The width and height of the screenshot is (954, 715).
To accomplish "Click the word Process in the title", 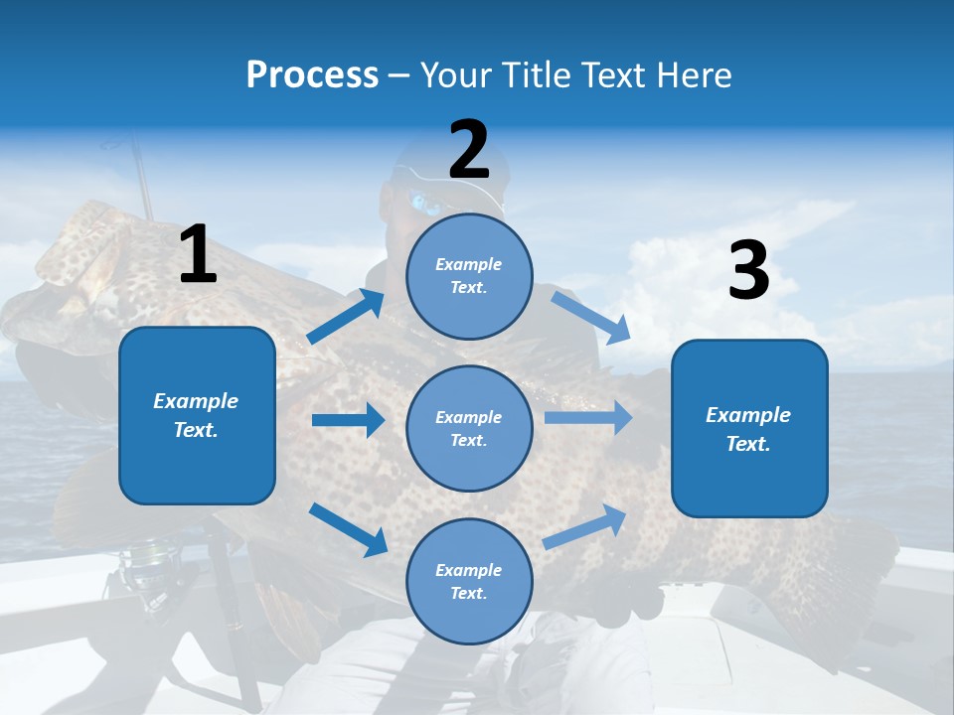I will (312, 74).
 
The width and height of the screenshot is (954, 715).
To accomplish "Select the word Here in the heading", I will (692, 74).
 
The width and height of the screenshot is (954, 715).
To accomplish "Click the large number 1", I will (198, 254).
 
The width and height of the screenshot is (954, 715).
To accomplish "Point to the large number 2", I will (469, 149).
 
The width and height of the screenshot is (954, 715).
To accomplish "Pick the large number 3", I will (748, 271).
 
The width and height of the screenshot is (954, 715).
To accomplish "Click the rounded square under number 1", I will (197, 415).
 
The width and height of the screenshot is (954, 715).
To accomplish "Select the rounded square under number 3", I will (749, 428).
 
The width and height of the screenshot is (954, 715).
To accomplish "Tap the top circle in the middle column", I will (469, 275).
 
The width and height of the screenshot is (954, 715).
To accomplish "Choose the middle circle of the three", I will (469, 428).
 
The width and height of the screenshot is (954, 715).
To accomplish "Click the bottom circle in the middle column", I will (469, 581).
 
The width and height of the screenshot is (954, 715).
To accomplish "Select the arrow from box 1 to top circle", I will (346, 317).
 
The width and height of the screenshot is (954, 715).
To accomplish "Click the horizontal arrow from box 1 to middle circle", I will (348, 420).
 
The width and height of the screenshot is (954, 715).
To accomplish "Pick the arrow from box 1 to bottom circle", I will (348, 529).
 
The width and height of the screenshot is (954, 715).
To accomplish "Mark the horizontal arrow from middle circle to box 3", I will (588, 418).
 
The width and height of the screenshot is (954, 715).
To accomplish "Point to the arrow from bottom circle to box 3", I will (585, 526).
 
